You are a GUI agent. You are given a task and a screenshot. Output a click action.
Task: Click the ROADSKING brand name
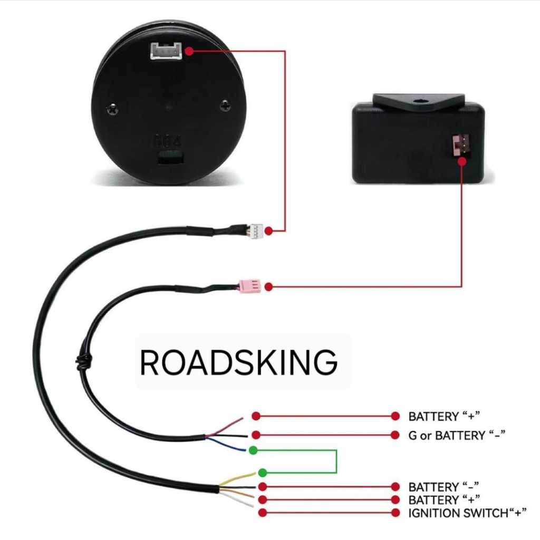238,363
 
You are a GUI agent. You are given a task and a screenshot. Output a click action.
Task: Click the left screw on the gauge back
112,109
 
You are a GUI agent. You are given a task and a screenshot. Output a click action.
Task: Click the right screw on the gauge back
226,104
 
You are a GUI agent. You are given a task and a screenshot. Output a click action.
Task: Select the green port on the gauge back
169,157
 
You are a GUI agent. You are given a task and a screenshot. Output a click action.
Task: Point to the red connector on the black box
461,146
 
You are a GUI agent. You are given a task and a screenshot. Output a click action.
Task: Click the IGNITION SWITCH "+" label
467,513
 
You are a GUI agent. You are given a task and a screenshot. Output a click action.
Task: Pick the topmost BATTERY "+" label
445,416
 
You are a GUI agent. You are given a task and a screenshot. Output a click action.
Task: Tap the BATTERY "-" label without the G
445,486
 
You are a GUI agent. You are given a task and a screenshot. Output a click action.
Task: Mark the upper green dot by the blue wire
253,450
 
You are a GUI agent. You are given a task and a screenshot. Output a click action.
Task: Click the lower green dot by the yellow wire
263,472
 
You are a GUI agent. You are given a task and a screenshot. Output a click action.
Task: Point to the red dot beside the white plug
269,231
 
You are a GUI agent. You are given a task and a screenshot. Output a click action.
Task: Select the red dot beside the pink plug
268,286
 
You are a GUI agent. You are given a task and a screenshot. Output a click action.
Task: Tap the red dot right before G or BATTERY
395,435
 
